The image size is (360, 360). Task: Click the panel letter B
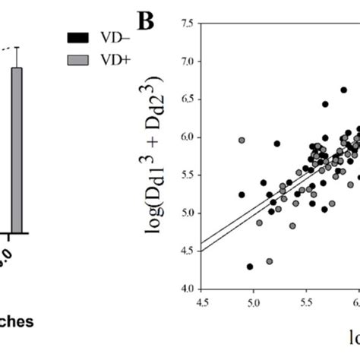[146, 21]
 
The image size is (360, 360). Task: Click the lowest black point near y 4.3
[250, 267]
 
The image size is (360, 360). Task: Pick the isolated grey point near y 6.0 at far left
[242, 141]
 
